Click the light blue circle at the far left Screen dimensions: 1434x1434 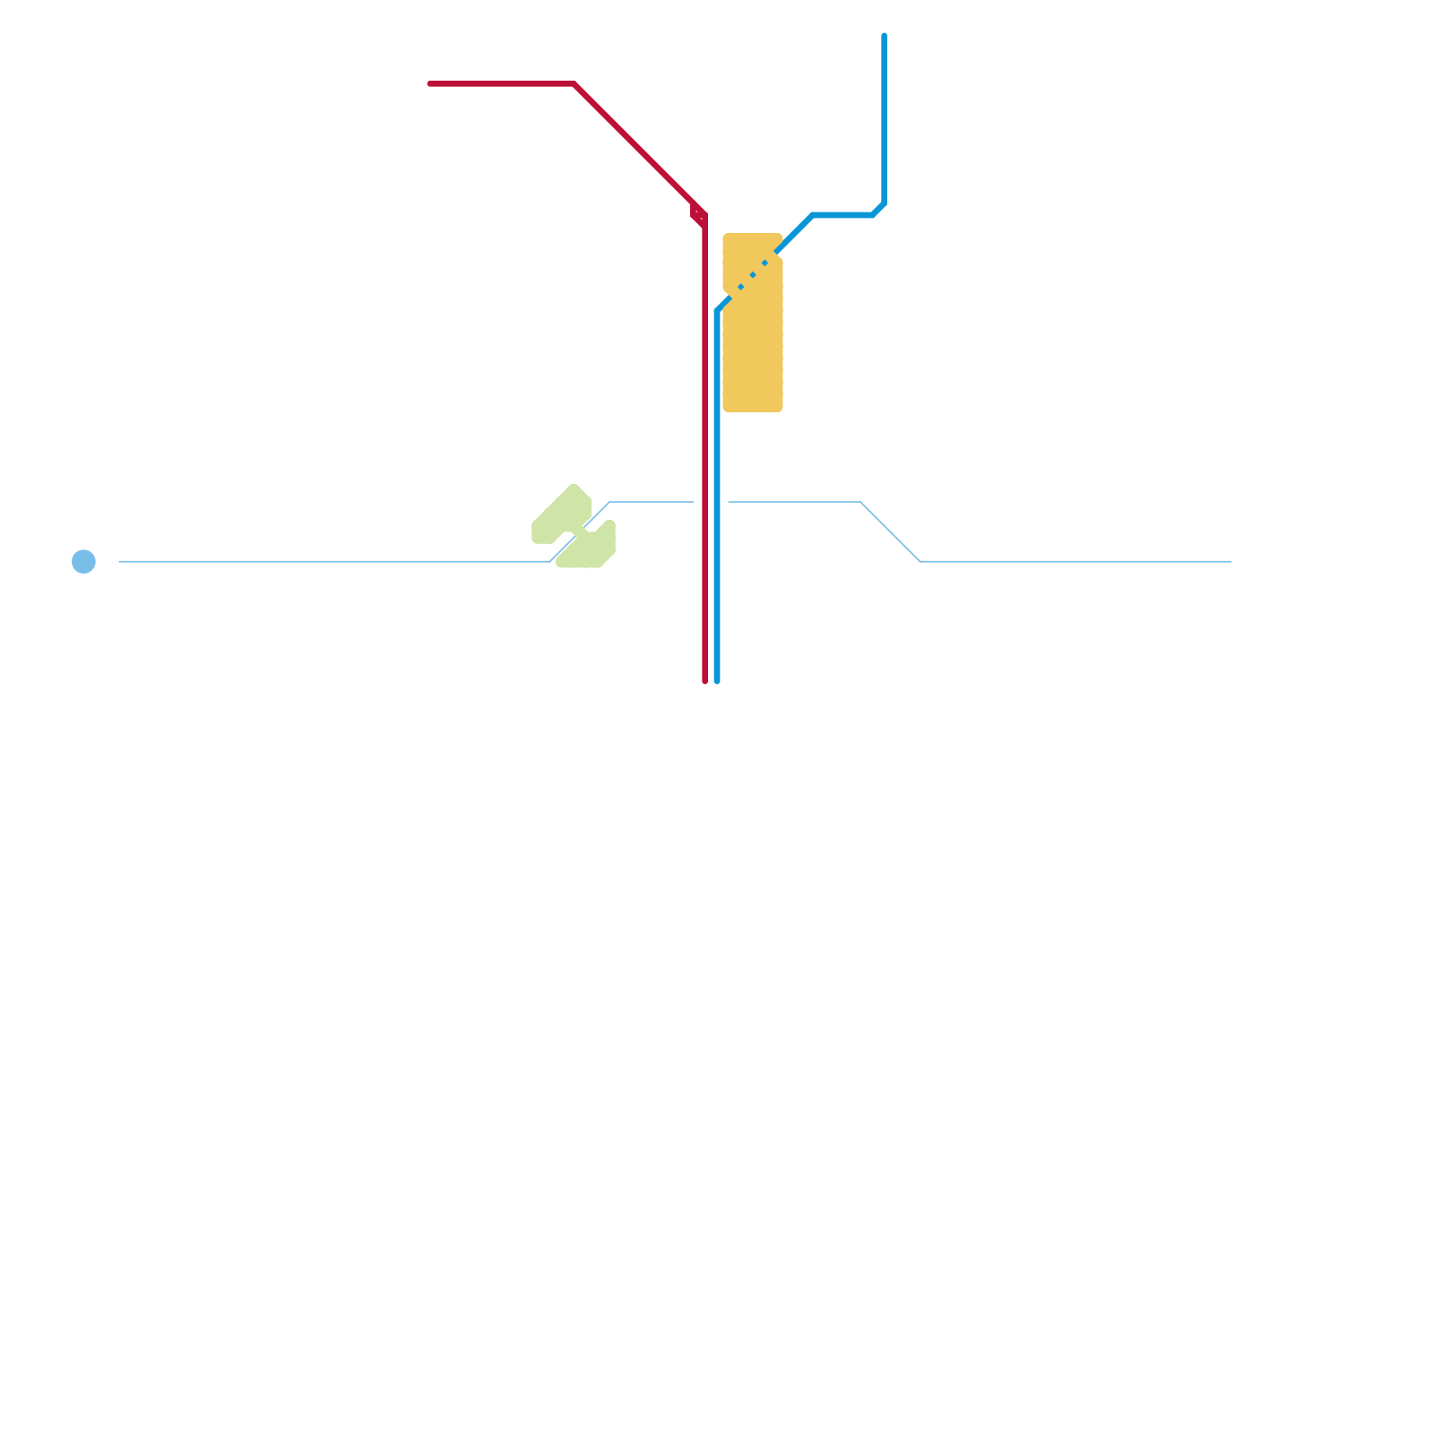pos(83,561)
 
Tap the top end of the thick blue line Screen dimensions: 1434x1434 pos(884,36)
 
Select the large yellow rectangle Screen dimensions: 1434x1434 pos(753,350)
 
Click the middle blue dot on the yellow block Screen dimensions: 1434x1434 pos(753,275)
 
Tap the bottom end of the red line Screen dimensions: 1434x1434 pos(705,680)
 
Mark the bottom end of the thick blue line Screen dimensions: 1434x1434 pos(717,680)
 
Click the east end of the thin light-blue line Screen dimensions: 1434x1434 pos(1230,561)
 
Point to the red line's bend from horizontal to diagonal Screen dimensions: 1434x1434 pos(574,83)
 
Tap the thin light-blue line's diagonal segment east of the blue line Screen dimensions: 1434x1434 pos(890,531)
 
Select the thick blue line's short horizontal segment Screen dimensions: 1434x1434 pos(842,215)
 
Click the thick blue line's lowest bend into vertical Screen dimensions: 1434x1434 pos(718,310)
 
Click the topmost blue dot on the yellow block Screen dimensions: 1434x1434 pos(765,263)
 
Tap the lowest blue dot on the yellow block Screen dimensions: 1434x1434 pos(740,288)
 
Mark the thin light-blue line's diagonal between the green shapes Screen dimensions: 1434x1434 pos(578,532)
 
